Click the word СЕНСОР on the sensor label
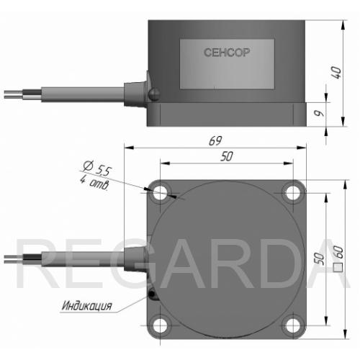(227, 53)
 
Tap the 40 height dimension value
(336, 73)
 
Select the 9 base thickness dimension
(320, 113)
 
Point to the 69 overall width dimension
(215, 140)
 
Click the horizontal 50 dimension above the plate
(227, 156)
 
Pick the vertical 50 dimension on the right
(319, 258)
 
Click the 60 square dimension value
(338, 252)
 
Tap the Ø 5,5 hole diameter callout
(97, 168)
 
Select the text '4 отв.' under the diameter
(94, 182)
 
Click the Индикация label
(87, 306)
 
